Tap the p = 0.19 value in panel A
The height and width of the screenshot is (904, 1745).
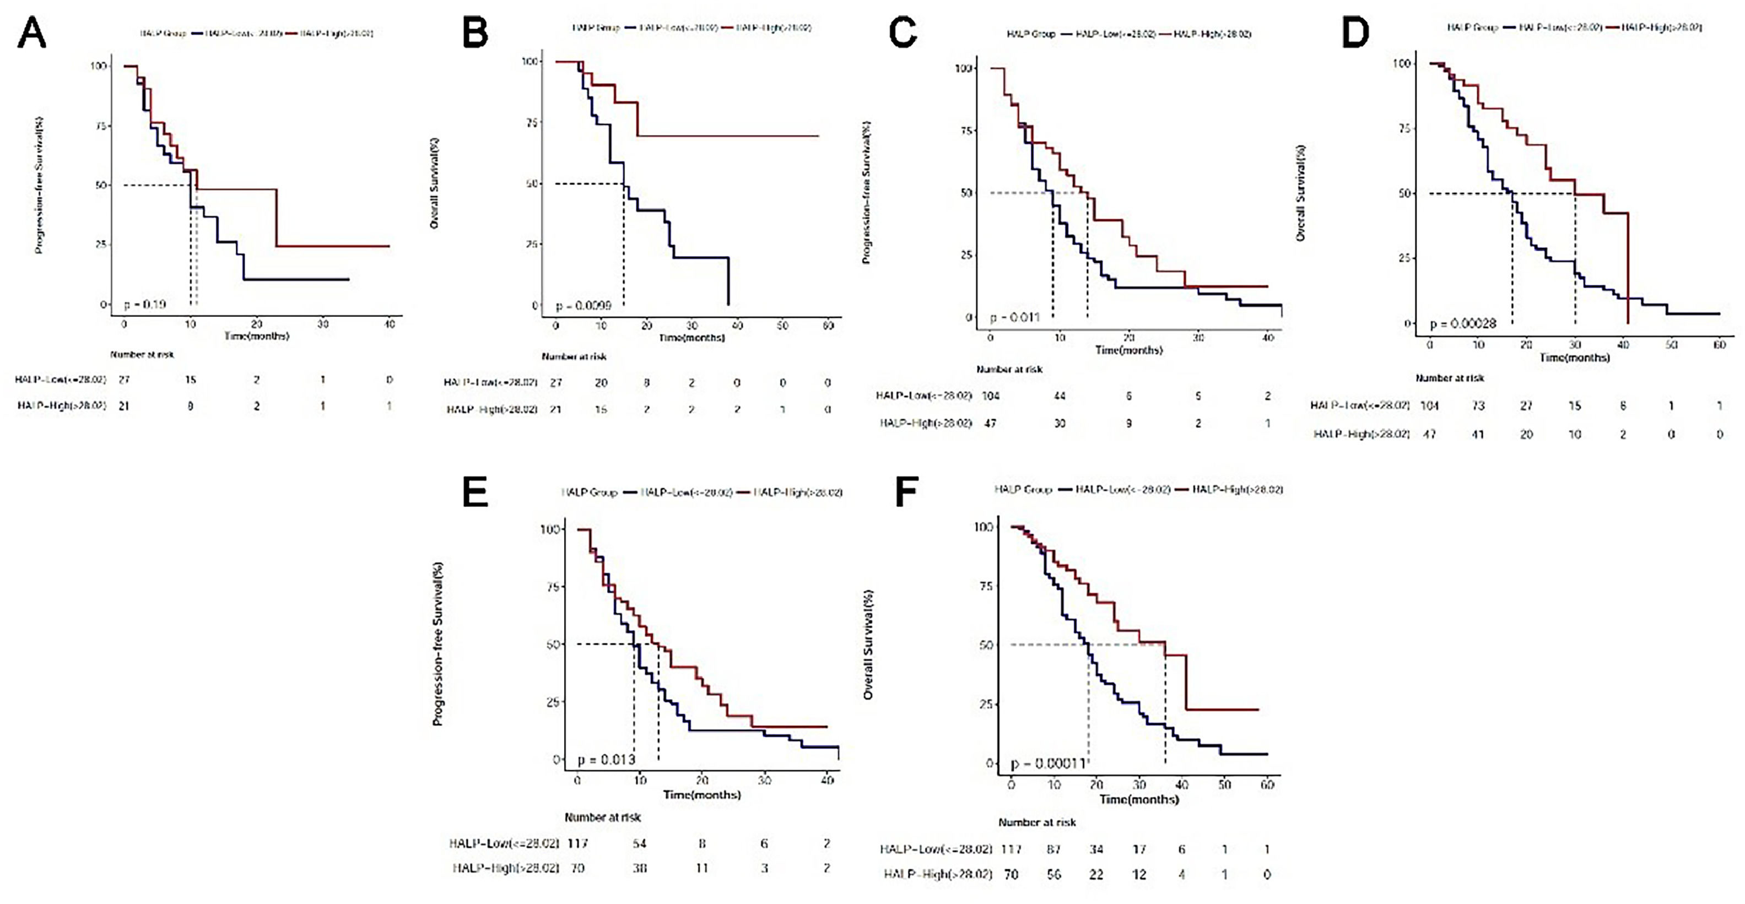pyautogui.click(x=145, y=305)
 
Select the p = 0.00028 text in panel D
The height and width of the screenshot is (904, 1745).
pyautogui.click(x=1462, y=324)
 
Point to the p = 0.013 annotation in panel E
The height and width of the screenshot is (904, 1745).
pyautogui.click(x=606, y=760)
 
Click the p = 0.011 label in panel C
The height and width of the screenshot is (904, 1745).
pyautogui.click(x=1015, y=317)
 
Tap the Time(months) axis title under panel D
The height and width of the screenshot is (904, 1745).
pyautogui.click(x=1574, y=358)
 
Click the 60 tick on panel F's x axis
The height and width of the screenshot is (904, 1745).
pyautogui.click(x=1267, y=785)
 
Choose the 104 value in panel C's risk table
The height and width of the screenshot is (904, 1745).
pyautogui.click(x=990, y=396)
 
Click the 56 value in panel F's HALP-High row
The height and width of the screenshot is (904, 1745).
pyautogui.click(x=1054, y=874)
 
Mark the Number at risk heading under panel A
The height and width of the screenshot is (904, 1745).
pyautogui.click(x=142, y=354)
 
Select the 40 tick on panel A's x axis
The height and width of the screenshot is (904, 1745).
pyautogui.click(x=390, y=324)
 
